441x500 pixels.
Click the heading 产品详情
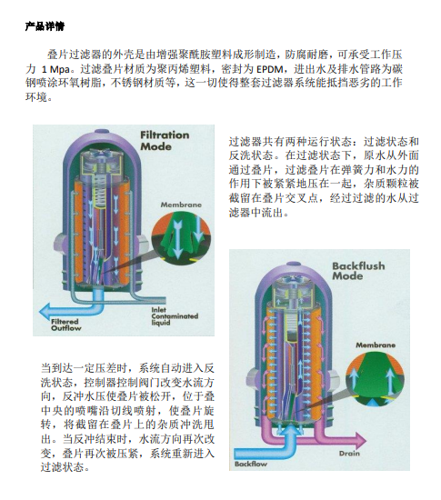(45, 26)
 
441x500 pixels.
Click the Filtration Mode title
(165, 141)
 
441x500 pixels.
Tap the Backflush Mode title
(358, 271)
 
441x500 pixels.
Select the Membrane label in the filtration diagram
(181, 205)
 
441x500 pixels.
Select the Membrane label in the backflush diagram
(376, 345)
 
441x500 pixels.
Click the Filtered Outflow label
(66, 325)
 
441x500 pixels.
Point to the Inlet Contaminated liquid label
(175, 316)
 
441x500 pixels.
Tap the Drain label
(349, 453)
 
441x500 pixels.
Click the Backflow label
(251, 464)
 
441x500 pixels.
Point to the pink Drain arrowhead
(360, 441)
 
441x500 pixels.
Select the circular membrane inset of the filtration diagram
(181, 237)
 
